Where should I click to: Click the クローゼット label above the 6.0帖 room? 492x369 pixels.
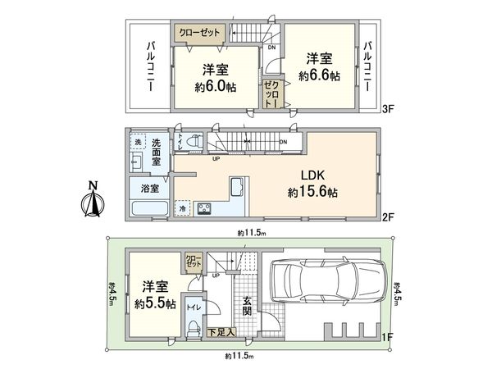click(199, 32)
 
